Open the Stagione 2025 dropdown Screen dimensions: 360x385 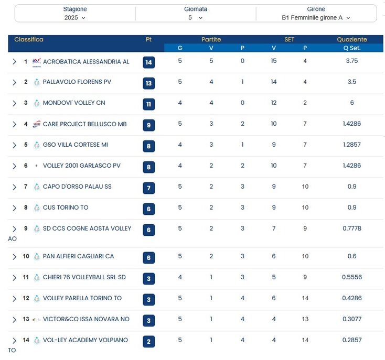point(75,17)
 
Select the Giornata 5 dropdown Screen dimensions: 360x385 point(195,17)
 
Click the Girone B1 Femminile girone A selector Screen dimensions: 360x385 point(316,17)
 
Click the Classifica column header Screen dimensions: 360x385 point(29,40)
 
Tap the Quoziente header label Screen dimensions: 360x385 point(352,40)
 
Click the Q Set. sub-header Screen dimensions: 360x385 point(352,48)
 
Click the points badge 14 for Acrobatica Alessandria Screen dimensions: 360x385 point(148,62)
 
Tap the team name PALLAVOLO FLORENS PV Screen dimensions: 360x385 point(77,82)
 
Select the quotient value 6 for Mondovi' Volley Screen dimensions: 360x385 point(352,103)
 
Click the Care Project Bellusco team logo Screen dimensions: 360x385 point(37,124)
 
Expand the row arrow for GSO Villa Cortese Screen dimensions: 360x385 point(15,145)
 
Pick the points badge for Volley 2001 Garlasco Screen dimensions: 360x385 point(148,167)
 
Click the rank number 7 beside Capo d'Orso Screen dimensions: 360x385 point(26,187)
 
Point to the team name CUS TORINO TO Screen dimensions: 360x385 point(66,208)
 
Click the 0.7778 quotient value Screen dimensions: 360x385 point(352,228)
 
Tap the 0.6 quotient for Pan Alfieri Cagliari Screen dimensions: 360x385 point(352,257)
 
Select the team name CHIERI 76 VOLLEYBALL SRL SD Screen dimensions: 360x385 point(84,278)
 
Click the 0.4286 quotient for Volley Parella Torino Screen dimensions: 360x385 point(352,299)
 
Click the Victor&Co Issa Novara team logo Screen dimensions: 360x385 point(37,320)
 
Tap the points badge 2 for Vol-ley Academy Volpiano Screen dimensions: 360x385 point(148,342)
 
